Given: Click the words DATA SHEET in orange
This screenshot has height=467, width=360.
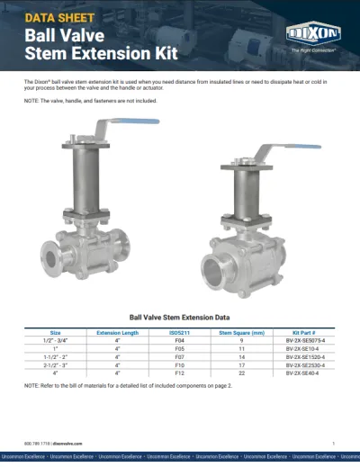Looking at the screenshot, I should point(56,17).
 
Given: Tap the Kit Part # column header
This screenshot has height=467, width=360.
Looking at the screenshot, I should point(304,332).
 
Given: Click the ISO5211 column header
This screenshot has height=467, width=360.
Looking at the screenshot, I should point(179,332).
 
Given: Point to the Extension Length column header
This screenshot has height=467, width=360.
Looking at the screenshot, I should point(118,332).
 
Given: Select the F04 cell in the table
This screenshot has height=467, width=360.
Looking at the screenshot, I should point(179,341).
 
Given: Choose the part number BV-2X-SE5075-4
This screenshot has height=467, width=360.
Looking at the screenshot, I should point(304,341).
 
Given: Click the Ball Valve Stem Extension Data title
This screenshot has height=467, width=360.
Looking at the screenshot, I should point(179,318).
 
